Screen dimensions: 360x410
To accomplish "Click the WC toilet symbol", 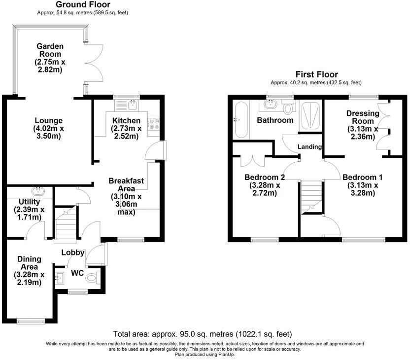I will [x=92, y=279].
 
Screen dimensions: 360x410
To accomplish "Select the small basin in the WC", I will [x=61, y=278].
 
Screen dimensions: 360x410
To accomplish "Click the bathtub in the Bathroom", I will [x=240, y=120].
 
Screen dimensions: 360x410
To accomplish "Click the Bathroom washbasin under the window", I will [x=270, y=105].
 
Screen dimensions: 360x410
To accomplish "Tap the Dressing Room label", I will [x=363, y=117].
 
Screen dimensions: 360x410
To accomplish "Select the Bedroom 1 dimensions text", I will [x=362, y=189].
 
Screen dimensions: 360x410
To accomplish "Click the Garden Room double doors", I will [x=94, y=65].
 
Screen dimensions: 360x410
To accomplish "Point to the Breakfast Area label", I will [x=126, y=184].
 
